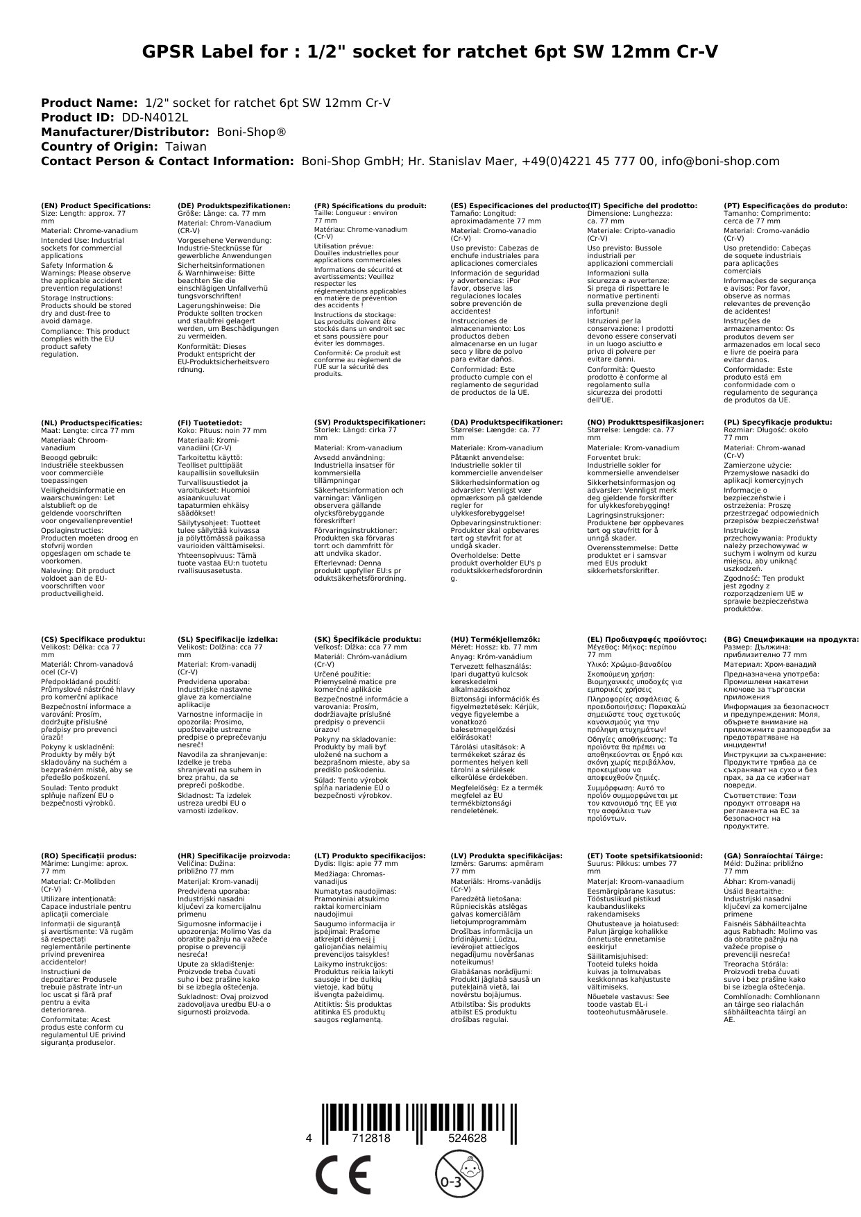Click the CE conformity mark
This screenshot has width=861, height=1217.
pos(343,1175)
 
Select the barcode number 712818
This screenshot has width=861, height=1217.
pos(371,1139)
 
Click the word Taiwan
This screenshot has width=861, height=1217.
pos(185,147)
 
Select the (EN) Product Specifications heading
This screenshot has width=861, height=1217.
pos(96,206)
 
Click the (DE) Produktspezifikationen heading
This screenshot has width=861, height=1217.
pos(234,206)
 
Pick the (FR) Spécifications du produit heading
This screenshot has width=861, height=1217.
pos(370,206)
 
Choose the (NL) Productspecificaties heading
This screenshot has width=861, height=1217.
pos(92,423)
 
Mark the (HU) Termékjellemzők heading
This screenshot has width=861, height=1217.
pos(495,639)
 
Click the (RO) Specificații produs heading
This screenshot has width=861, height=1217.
pos(89,856)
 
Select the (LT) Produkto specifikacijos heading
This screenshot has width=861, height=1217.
pos(370,856)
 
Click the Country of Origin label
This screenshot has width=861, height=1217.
pos(100,147)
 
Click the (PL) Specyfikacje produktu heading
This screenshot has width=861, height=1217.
pos(778,423)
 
